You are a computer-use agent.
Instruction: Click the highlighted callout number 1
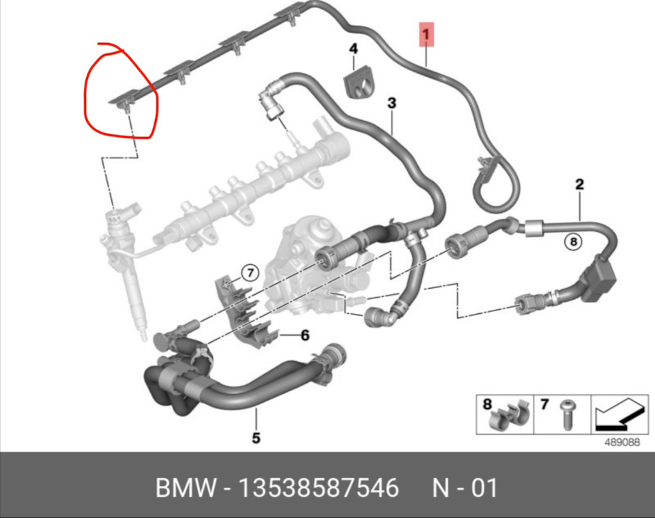point(426,34)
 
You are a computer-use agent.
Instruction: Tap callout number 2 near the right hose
point(579,184)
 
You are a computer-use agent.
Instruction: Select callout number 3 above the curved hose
point(392,103)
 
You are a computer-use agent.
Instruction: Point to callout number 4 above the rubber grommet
point(353,48)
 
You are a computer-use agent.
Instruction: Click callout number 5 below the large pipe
point(256,437)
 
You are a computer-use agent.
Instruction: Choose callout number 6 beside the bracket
point(306,335)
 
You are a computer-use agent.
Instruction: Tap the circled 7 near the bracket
point(250,273)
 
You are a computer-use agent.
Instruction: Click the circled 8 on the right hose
point(573,242)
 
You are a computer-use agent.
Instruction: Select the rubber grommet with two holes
point(360,82)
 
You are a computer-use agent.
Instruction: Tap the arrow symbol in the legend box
point(621,414)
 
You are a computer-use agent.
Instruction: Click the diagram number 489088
point(622,442)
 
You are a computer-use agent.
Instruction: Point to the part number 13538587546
point(319,487)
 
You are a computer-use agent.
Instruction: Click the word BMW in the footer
point(186,487)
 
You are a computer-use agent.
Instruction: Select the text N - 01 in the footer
point(465,487)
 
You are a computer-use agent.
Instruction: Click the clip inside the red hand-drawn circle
point(124,102)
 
